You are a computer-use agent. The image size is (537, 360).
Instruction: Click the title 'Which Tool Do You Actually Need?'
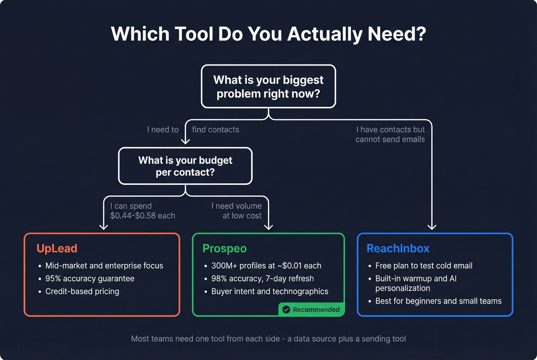268,34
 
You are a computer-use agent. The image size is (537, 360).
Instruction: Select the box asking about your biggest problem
268,86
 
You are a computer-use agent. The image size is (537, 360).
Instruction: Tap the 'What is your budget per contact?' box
185,166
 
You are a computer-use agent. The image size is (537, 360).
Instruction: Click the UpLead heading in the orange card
57,248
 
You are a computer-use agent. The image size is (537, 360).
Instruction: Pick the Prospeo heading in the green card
224,248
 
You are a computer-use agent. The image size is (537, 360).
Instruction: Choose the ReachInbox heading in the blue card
398,248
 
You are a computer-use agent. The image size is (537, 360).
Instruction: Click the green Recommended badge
311,309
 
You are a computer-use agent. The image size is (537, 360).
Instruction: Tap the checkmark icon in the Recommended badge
286,309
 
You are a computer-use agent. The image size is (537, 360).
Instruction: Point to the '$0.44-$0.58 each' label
142,215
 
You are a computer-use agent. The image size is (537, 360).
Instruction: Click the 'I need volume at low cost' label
237,211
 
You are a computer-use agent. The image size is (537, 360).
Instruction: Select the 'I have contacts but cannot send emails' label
390,135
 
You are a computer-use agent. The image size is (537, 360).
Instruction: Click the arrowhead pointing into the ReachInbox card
432,227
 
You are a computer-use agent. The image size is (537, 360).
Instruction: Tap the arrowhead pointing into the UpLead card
104,227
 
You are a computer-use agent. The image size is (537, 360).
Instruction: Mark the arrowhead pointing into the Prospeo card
268,227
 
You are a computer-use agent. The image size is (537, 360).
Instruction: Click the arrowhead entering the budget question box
185,141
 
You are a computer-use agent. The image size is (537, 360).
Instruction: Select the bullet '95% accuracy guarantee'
90,278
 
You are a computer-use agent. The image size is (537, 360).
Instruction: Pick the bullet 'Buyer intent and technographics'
270,291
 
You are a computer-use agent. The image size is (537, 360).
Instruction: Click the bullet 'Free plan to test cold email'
423,266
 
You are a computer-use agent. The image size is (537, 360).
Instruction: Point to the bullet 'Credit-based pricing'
82,291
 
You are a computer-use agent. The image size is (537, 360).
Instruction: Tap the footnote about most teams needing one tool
268,339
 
